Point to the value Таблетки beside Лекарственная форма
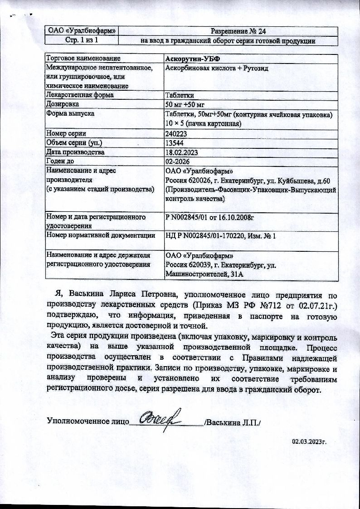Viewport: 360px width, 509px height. [x=180, y=95]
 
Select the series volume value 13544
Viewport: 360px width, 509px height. [x=175, y=143]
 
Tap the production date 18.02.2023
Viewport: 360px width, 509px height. [x=181, y=152]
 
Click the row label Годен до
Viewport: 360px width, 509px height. [x=63, y=161]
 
